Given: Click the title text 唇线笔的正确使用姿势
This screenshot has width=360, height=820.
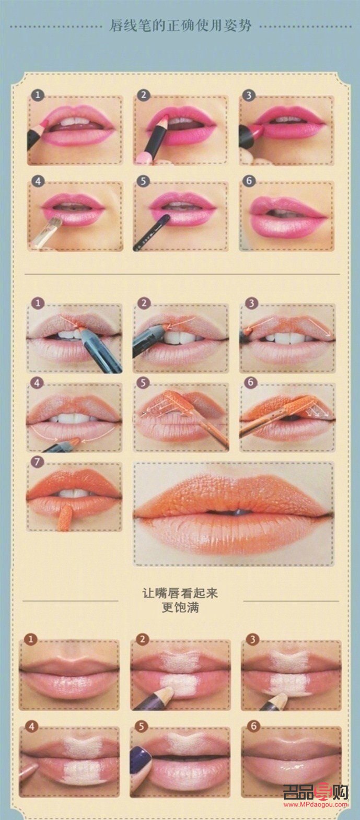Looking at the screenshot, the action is point(180,26).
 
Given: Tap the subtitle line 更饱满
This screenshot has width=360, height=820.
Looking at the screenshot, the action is point(180,607).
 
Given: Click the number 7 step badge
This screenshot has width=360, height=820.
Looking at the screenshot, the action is point(37,462).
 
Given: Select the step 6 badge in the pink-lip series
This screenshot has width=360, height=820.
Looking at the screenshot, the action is point(249,181).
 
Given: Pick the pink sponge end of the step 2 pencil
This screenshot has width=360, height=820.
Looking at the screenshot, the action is point(144,158).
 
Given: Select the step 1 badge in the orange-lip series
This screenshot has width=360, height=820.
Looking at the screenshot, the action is point(38,303).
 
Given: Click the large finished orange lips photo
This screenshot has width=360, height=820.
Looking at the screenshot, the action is point(233,513).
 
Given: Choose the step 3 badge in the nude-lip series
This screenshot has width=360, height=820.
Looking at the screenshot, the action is point(252,639).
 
